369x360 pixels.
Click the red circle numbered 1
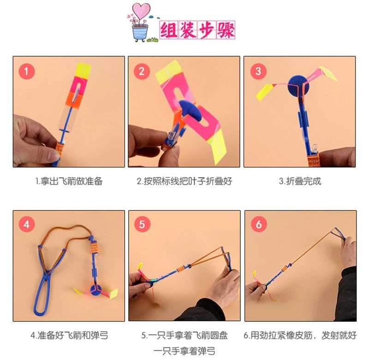[27, 71]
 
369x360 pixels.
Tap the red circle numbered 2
[142, 71]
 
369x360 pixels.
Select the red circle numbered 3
[258, 71]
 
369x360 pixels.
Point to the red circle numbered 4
[27, 224]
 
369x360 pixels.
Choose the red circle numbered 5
[142, 224]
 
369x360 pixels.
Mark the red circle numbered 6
[259, 224]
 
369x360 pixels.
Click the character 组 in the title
[169, 30]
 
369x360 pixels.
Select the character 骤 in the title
[226, 30]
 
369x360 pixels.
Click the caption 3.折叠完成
[300, 181]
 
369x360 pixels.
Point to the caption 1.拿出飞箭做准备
[69, 181]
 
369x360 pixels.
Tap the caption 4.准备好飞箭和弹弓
[69, 335]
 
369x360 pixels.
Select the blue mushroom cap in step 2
[190, 111]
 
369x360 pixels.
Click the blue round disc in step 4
[96, 290]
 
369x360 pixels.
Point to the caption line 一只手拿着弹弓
[184, 351]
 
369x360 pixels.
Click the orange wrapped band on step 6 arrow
[285, 268]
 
